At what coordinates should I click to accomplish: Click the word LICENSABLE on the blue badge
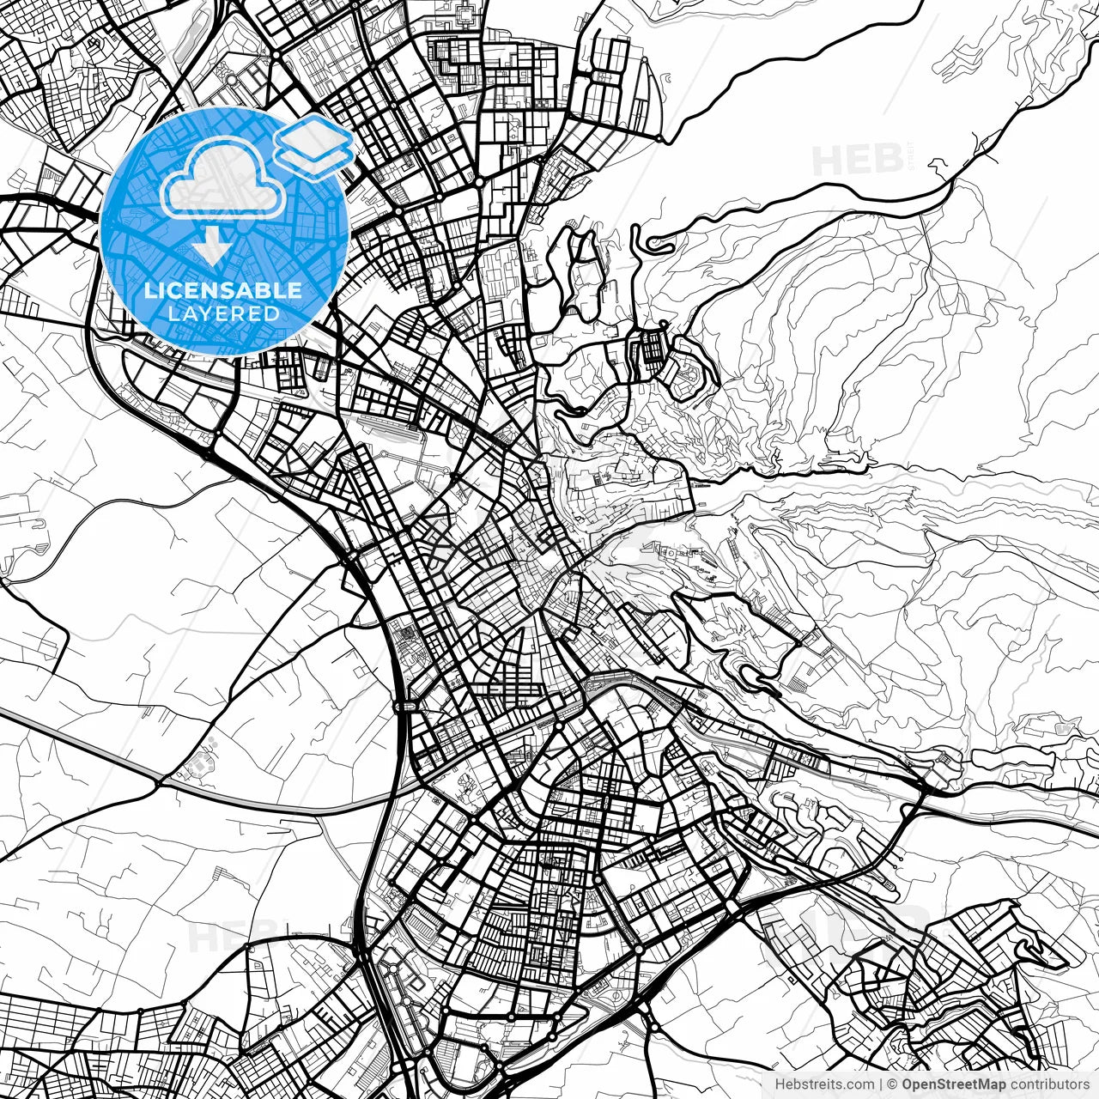pyautogui.click(x=223, y=290)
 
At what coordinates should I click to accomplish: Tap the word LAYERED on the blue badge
pyautogui.click(x=223, y=313)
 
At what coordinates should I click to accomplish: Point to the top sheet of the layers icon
pyautogui.click(x=315, y=133)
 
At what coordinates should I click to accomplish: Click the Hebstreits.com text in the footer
pyautogui.click(x=825, y=1084)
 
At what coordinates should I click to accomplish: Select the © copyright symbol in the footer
pyautogui.click(x=892, y=1084)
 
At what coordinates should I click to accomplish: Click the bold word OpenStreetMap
pyautogui.click(x=953, y=1084)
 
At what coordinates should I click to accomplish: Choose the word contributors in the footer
pyautogui.click(x=1048, y=1084)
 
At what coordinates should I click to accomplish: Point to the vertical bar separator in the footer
pyautogui.click(x=880, y=1084)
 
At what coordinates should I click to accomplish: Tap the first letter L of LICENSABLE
pyautogui.click(x=149, y=290)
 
